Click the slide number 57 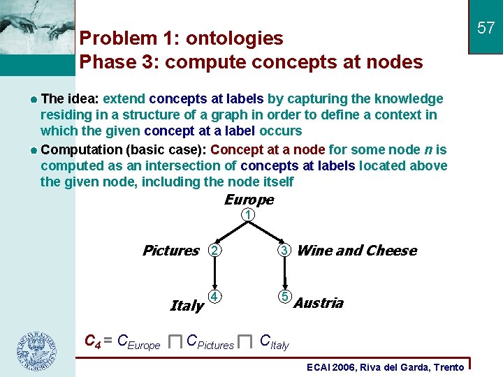click(486, 28)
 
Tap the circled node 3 click(284, 250)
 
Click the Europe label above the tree click(249, 200)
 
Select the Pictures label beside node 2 click(170, 251)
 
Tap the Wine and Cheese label click(356, 251)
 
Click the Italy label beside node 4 click(187, 306)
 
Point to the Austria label click(319, 303)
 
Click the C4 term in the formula click(92, 342)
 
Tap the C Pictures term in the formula click(210, 342)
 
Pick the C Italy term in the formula click(274, 342)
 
